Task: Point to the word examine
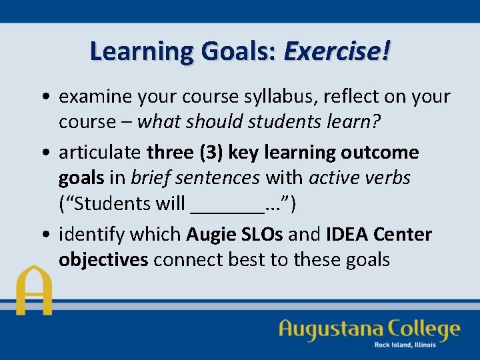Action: [x=95, y=97]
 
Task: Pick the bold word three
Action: [x=170, y=152]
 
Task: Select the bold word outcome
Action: [x=380, y=152]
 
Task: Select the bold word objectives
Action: [x=103, y=260]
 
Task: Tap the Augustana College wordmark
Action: [x=369, y=329]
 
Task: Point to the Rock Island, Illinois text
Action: [x=405, y=345]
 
